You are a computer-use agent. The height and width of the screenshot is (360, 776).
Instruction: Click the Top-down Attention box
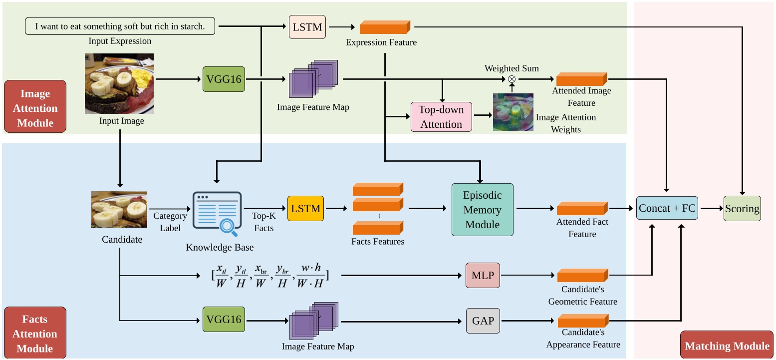[x=441, y=117]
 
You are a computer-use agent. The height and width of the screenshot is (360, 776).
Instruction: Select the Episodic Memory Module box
[x=482, y=210]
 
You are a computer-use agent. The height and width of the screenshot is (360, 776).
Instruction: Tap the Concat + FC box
[x=667, y=208]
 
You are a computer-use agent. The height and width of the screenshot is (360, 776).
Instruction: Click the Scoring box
[x=742, y=209]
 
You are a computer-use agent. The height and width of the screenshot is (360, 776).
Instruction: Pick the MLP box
[x=483, y=275]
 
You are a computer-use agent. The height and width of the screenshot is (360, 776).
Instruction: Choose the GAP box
[x=483, y=321]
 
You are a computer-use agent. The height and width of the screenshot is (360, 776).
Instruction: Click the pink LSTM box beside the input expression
[x=307, y=27]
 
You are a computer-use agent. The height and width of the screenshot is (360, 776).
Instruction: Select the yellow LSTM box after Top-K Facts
[x=305, y=208]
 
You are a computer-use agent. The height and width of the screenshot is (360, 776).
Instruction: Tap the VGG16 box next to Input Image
[x=224, y=79]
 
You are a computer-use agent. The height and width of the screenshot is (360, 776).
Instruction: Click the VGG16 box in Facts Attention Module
[x=224, y=320]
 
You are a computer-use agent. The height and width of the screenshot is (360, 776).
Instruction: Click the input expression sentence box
[x=120, y=26]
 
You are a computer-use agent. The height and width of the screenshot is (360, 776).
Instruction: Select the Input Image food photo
[x=119, y=83]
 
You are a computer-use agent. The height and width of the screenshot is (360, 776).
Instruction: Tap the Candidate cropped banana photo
[x=119, y=209]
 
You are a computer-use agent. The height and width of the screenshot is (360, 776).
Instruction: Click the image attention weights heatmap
[x=513, y=112]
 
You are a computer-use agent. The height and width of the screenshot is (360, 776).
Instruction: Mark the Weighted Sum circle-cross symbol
[x=512, y=79]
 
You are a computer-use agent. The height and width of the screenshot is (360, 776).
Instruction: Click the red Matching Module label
[x=727, y=346]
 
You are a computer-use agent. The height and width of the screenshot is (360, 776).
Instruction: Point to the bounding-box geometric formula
[x=269, y=276]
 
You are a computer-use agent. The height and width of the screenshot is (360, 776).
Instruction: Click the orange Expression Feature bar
[x=385, y=27]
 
